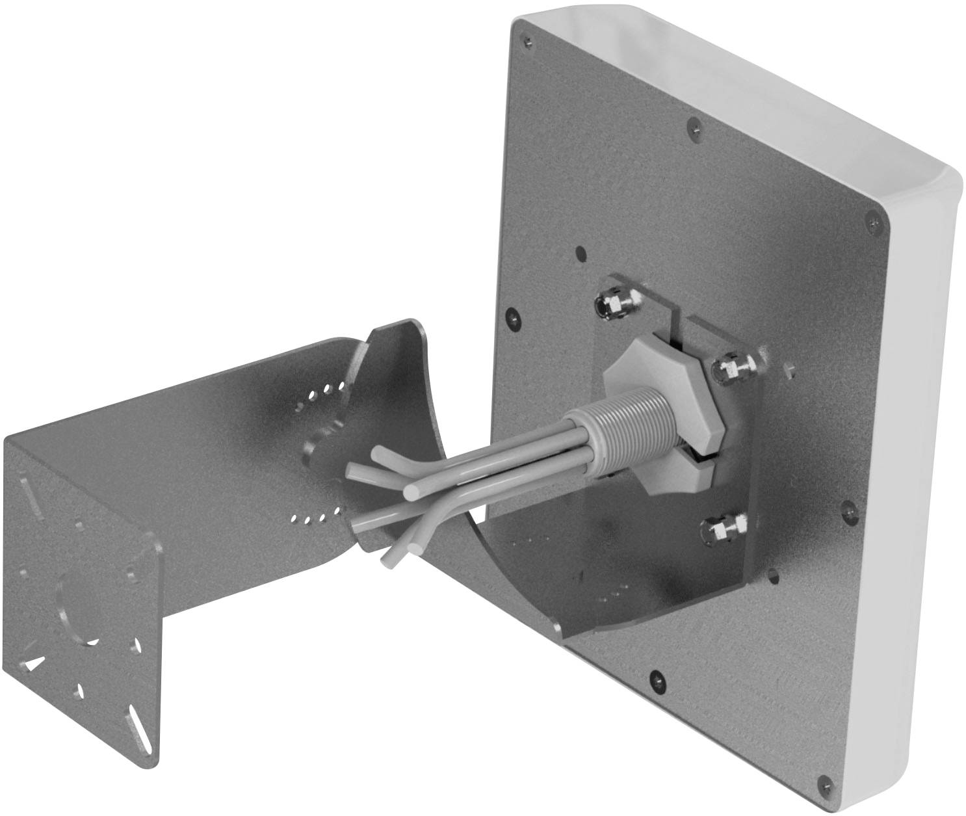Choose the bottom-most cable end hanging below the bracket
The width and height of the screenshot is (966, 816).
(x=389, y=560)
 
